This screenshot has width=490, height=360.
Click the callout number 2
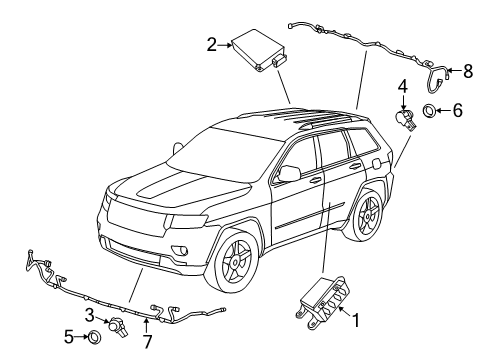[x=212, y=43]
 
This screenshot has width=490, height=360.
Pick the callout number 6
[x=457, y=111]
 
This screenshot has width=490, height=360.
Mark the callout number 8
[x=466, y=70]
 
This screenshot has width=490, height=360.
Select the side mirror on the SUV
[x=289, y=174]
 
